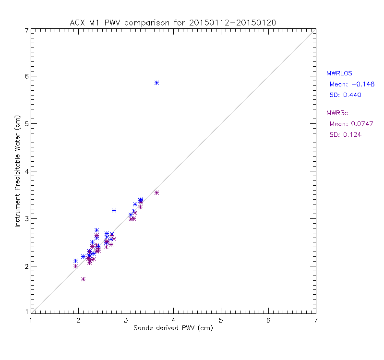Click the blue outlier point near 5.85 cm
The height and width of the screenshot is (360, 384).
156,83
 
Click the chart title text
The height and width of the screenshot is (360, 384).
173,23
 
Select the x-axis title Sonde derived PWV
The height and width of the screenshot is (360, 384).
173,329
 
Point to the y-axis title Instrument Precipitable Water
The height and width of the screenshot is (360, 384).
17,171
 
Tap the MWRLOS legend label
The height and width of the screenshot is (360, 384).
339,73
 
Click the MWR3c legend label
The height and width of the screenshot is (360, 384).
337,113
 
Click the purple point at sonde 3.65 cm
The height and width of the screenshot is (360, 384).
156,192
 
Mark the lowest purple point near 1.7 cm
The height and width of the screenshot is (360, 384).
83,279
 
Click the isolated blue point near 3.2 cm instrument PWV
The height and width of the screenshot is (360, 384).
114,210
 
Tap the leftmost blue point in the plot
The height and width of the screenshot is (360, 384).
75,261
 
